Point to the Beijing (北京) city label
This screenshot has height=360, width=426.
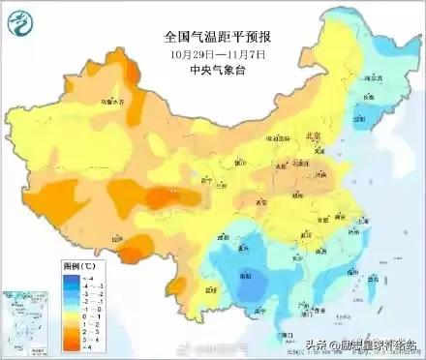coord(310,136)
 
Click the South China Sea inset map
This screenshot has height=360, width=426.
coord(20,319)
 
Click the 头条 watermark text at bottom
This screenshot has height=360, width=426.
coord(319,344)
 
